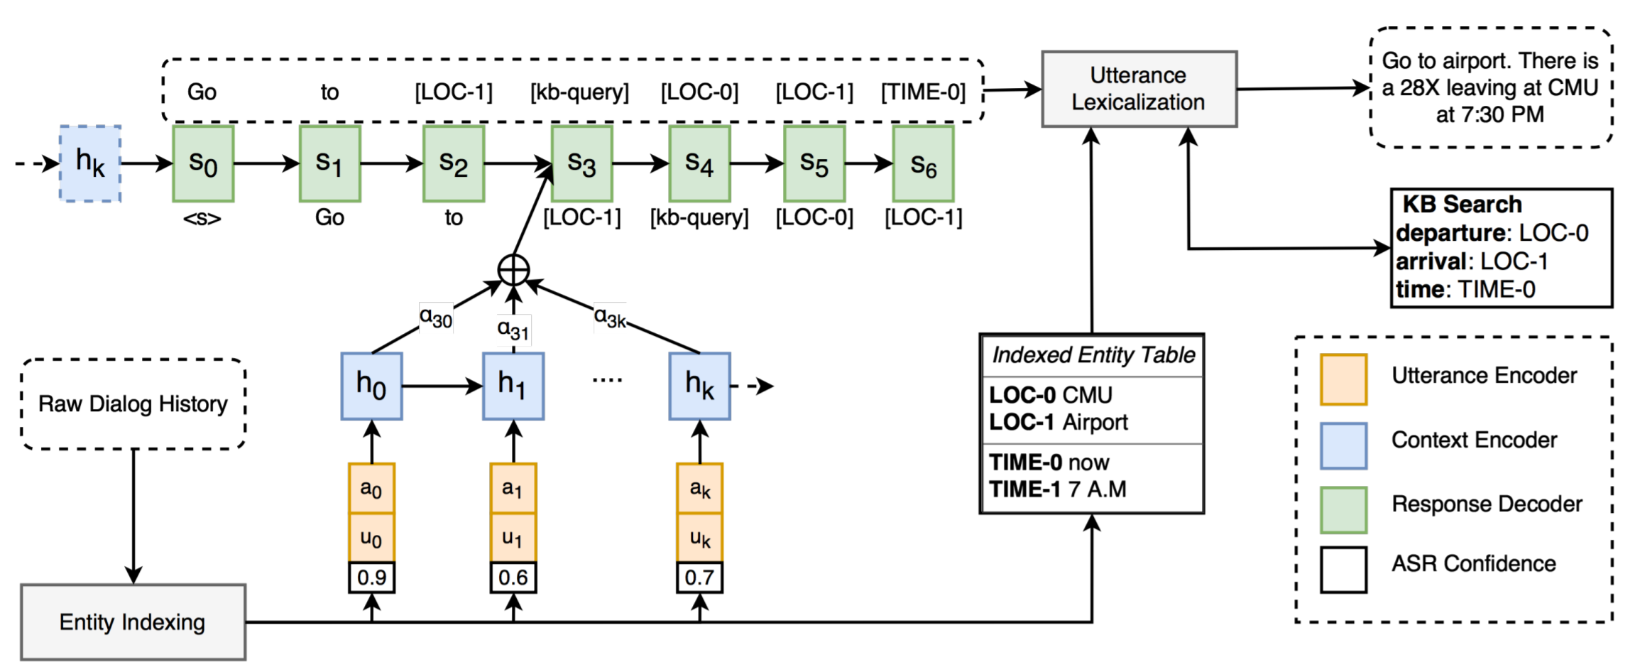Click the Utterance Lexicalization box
point(1139,89)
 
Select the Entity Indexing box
point(133,622)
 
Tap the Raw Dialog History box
point(133,403)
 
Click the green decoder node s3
point(581,163)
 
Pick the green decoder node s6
point(923,163)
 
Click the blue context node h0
point(371,386)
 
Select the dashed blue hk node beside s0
point(90,163)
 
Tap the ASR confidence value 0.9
point(371,577)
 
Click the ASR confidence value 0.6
point(513,577)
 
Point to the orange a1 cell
point(513,488)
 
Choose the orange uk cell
point(700,538)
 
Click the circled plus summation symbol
point(513,270)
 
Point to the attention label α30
point(435,317)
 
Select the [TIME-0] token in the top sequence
point(923,92)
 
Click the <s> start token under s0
point(202,218)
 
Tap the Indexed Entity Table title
point(1093,354)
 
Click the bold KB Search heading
point(1462,205)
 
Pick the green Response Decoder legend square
point(1344,510)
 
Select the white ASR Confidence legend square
point(1344,570)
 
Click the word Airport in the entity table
point(1095,423)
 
